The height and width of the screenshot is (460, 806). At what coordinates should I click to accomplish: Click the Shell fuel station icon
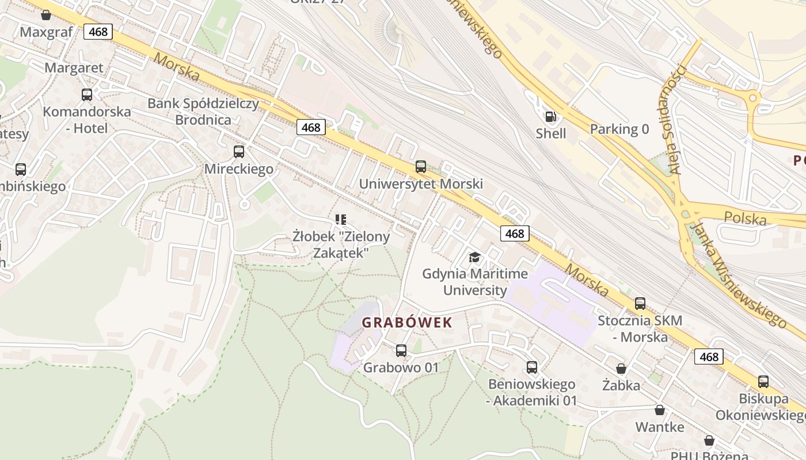tap(551, 117)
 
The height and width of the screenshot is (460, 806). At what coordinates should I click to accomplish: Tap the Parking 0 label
tap(619, 129)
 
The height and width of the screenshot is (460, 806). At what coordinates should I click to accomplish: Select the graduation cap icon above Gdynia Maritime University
tap(474, 257)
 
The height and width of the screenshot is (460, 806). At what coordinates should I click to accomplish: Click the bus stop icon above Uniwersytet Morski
tap(421, 167)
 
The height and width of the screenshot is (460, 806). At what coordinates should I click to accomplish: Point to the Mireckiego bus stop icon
tap(239, 152)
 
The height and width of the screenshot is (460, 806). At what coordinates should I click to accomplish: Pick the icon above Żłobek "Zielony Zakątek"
tap(341, 219)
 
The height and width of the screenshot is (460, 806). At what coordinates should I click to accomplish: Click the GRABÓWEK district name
tap(407, 323)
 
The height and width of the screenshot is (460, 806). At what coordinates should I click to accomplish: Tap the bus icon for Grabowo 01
tap(401, 350)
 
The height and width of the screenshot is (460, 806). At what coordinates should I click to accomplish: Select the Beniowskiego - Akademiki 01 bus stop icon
tap(532, 367)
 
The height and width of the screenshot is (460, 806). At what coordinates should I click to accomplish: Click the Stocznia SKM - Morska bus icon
tap(640, 304)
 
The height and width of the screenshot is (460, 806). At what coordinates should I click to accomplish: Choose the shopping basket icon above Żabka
tap(621, 368)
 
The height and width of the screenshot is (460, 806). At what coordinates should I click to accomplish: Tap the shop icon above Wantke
tap(660, 410)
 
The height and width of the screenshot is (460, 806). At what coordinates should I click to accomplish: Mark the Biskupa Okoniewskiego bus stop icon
tap(763, 381)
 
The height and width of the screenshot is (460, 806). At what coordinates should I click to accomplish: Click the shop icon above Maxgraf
tap(46, 15)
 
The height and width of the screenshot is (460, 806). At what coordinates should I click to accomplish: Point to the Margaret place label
tap(74, 68)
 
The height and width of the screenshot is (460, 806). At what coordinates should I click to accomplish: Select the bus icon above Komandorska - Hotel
tap(87, 94)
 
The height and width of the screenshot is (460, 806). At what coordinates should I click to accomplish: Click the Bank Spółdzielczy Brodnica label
tap(203, 112)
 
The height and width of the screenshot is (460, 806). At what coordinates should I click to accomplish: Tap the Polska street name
tap(746, 218)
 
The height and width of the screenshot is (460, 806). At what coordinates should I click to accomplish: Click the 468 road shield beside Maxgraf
tap(98, 32)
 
